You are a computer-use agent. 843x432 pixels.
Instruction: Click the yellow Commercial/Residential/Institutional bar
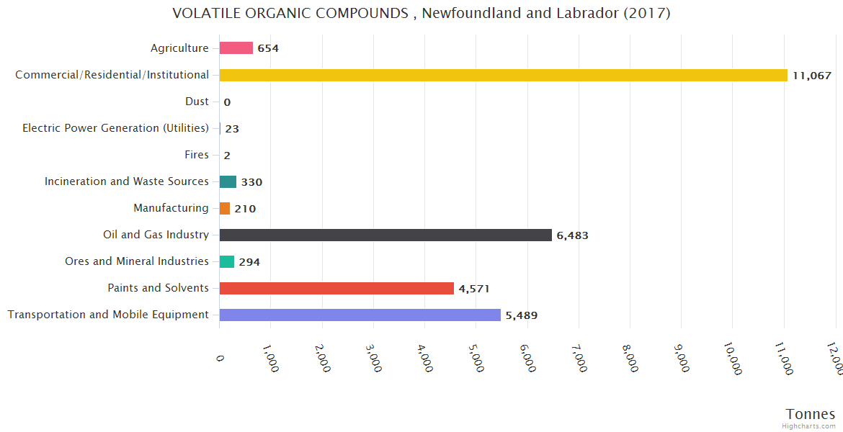point(503,75)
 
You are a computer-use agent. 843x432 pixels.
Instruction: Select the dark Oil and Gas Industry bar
point(385,235)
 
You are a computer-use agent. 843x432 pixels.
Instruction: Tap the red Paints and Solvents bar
point(336,288)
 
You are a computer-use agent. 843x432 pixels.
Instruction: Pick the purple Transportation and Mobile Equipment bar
point(360,315)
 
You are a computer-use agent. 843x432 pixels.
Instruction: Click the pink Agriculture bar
point(236,48)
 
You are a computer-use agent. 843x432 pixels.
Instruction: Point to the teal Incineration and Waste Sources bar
point(228,181)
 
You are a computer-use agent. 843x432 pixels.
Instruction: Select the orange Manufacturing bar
point(225,208)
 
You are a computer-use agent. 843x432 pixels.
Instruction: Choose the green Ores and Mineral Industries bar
point(227,261)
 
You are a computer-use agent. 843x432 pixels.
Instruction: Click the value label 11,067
point(812,76)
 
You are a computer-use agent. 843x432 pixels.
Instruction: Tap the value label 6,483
point(572,235)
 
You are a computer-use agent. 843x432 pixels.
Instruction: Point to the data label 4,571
point(474,289)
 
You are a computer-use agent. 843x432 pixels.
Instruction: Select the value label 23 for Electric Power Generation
point(232,129)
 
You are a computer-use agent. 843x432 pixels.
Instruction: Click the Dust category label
point(197,102)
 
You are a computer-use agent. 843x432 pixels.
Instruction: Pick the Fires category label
point(197,155)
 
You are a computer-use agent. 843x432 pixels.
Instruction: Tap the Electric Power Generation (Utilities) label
point(115,128)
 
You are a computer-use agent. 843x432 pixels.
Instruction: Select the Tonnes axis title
point(810,414)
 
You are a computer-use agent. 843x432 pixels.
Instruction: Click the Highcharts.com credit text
point(810,426)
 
